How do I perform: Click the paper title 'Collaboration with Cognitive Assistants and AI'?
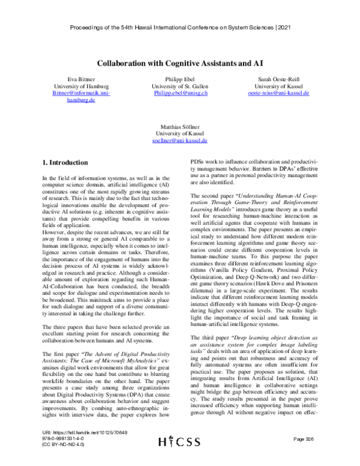180,62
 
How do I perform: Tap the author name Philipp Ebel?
180,79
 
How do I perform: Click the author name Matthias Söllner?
180,127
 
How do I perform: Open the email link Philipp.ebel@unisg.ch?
180,94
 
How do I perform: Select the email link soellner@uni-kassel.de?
180,141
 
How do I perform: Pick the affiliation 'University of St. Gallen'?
180,87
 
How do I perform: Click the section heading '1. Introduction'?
59,162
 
